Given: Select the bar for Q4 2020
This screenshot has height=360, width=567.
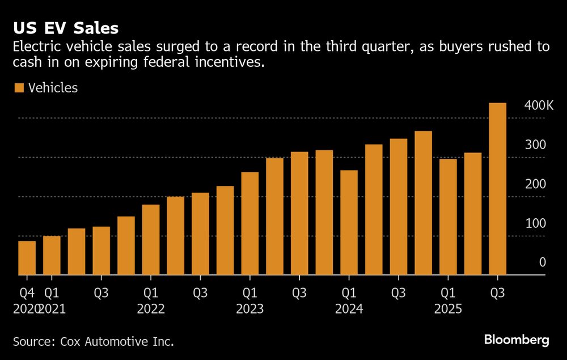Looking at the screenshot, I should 27,258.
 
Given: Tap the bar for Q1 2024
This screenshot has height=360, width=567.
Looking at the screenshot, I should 349,222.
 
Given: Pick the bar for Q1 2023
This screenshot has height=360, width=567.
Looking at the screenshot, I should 250,223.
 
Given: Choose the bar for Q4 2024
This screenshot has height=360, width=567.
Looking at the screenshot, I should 423,203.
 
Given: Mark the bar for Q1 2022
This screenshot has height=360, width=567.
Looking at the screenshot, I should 151,240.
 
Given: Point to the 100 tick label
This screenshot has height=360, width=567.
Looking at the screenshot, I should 535,223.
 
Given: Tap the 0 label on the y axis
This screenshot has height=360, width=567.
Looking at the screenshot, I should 543,262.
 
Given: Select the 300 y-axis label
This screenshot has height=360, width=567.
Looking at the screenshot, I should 535,145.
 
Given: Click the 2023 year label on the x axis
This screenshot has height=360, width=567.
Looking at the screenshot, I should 250,310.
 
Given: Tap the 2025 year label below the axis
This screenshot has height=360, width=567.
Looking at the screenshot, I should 448,310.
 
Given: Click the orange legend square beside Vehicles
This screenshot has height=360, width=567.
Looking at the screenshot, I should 19,88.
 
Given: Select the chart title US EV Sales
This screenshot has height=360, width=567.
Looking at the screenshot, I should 66,28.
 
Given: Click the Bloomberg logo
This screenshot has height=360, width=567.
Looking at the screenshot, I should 517,340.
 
